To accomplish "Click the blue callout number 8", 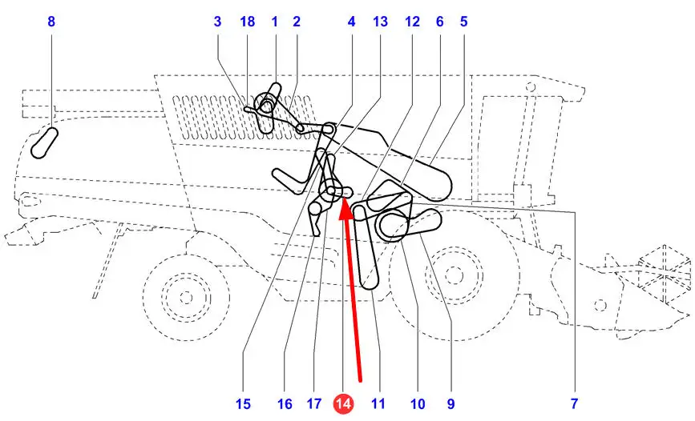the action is (x=51, y=22).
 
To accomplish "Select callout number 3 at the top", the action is (x=217, y=22).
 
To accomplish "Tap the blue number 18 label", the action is (x=248, y=22).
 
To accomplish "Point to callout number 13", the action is (x=380, y=22).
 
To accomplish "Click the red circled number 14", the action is (x=344, y=403).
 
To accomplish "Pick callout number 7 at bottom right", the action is (x=574, y=403).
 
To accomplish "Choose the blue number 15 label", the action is (x=243, y=403).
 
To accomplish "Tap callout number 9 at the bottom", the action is (x=451, y=403).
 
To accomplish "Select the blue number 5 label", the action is (x=463, y=22).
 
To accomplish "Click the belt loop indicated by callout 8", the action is (x=44, y=142).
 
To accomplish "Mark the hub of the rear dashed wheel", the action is (x=186, y=297).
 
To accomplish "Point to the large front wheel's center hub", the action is (x=454, y=275).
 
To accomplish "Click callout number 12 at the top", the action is (x=412, y=22).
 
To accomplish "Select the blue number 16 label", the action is (x=285, y=403).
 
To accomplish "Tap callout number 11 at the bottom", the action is (x=378, y=403).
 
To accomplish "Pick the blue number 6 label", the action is (x=440, y=22).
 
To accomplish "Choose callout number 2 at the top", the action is (x=297, y=22).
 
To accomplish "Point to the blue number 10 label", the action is (x=418, y=403).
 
